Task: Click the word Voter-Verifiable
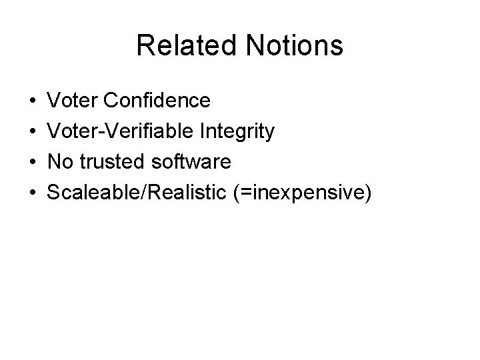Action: (121, 131)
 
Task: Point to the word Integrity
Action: (238, 131)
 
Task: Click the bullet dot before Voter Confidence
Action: (33, 101)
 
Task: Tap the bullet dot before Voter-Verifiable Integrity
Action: (33, 132)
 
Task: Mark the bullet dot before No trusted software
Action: (33, 163)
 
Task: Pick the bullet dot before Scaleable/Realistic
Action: (33, 193)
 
